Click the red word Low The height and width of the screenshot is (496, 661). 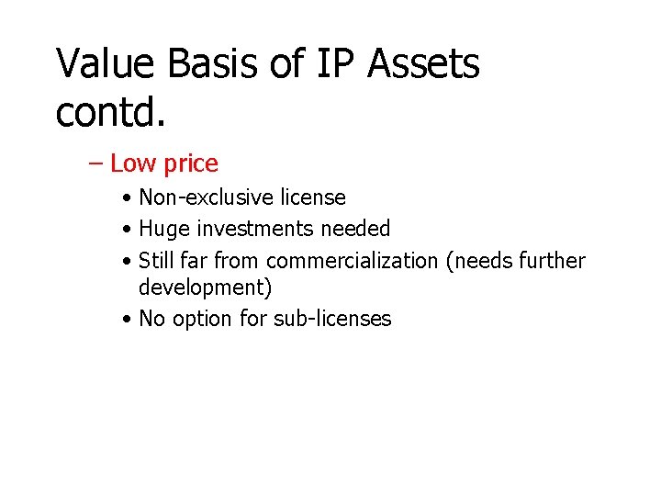tap(133, 163)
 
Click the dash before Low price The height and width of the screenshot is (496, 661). tap(96, 163)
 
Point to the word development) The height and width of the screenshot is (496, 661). tap(205, 287)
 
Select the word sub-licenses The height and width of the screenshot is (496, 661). tap(332, 319)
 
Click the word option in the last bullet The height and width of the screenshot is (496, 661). tap(207, 320)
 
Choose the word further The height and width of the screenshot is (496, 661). tap(551, 261)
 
